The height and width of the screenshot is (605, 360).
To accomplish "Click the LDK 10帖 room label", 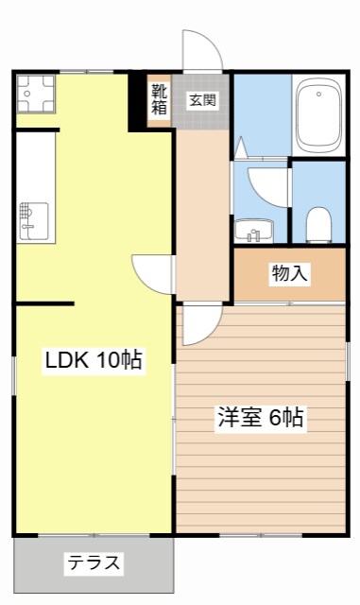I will (94, 360).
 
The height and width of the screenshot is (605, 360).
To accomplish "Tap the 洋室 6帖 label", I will (262, 417).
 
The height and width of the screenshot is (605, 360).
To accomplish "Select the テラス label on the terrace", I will (94, 563).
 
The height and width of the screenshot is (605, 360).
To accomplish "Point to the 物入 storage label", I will (289, 274).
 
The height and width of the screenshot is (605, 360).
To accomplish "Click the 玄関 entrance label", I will (200, 99).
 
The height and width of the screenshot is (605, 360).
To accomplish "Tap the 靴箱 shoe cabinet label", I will (160, 99).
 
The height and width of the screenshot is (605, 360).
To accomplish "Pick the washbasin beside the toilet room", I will (254, 230).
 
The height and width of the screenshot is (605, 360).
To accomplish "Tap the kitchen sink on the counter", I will (33, 218).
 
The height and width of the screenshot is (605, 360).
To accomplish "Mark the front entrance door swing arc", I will (203, 49).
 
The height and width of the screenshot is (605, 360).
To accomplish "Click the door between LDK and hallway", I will (151, 273).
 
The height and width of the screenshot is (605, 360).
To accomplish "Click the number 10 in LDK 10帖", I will (107, 360).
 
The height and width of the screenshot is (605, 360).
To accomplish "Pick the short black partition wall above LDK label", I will (43, 303).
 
